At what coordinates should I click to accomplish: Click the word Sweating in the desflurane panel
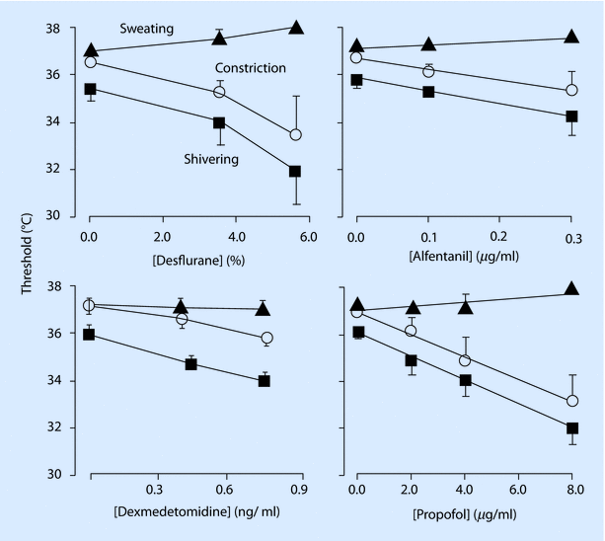click(142, 29)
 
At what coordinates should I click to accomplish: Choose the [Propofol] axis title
click(466, 512)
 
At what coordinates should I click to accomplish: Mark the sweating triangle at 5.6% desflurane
click(295, 28)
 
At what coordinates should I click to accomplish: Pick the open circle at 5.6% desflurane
click(295, 134)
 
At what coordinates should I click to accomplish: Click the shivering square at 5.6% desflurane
click(295, 171)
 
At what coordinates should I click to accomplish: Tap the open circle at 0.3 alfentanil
click(571, 91)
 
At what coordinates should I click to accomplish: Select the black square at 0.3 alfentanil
click(571, 116)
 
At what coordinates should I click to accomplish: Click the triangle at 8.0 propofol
click(571, 289)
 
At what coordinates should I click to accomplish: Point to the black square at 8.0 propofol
click(571, 428)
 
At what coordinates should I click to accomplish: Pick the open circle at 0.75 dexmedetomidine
click(267, 338)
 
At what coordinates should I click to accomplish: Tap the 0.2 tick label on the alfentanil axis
click(499, 237)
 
